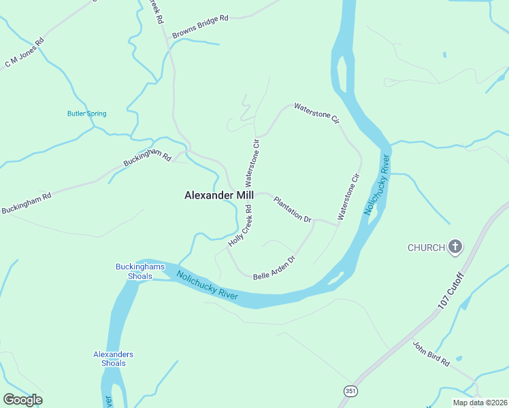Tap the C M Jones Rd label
pos(24,52)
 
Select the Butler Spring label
pos(86,114)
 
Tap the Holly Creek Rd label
pos(241,225)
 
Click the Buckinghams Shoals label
pos(133,271)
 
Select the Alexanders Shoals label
pos(113,358)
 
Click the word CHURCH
pos(426,247)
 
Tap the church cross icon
pos(455,247)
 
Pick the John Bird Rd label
pos(431,354)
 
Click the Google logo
pos(22,400)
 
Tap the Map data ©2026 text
pos(479,403)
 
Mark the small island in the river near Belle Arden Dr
pos(334,279)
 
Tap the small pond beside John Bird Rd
pos(459,358)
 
